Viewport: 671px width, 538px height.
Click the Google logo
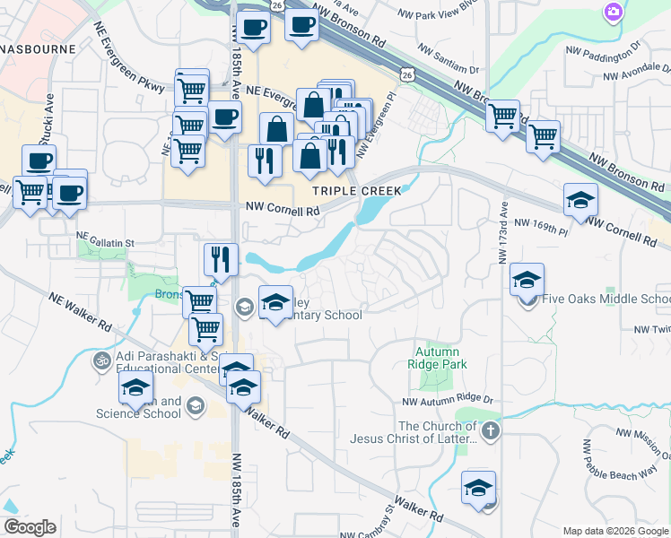(x=30, y=527)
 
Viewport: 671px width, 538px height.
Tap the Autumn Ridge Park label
(x=438, y=359)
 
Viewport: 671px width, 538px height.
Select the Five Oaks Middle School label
(x=606, y=299)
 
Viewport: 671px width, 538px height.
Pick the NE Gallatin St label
(x=104, y=242)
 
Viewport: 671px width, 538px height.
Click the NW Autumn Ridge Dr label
(x=449, y=403)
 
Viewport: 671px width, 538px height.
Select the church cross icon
(x=489, y=432)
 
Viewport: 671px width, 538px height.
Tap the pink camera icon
(x=614, y=12)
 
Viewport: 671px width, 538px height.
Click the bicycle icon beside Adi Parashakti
(x=101, y=361)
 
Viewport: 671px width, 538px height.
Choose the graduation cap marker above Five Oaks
(x=527, y=279)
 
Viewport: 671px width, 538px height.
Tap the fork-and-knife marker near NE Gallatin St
(x=221, y=259)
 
